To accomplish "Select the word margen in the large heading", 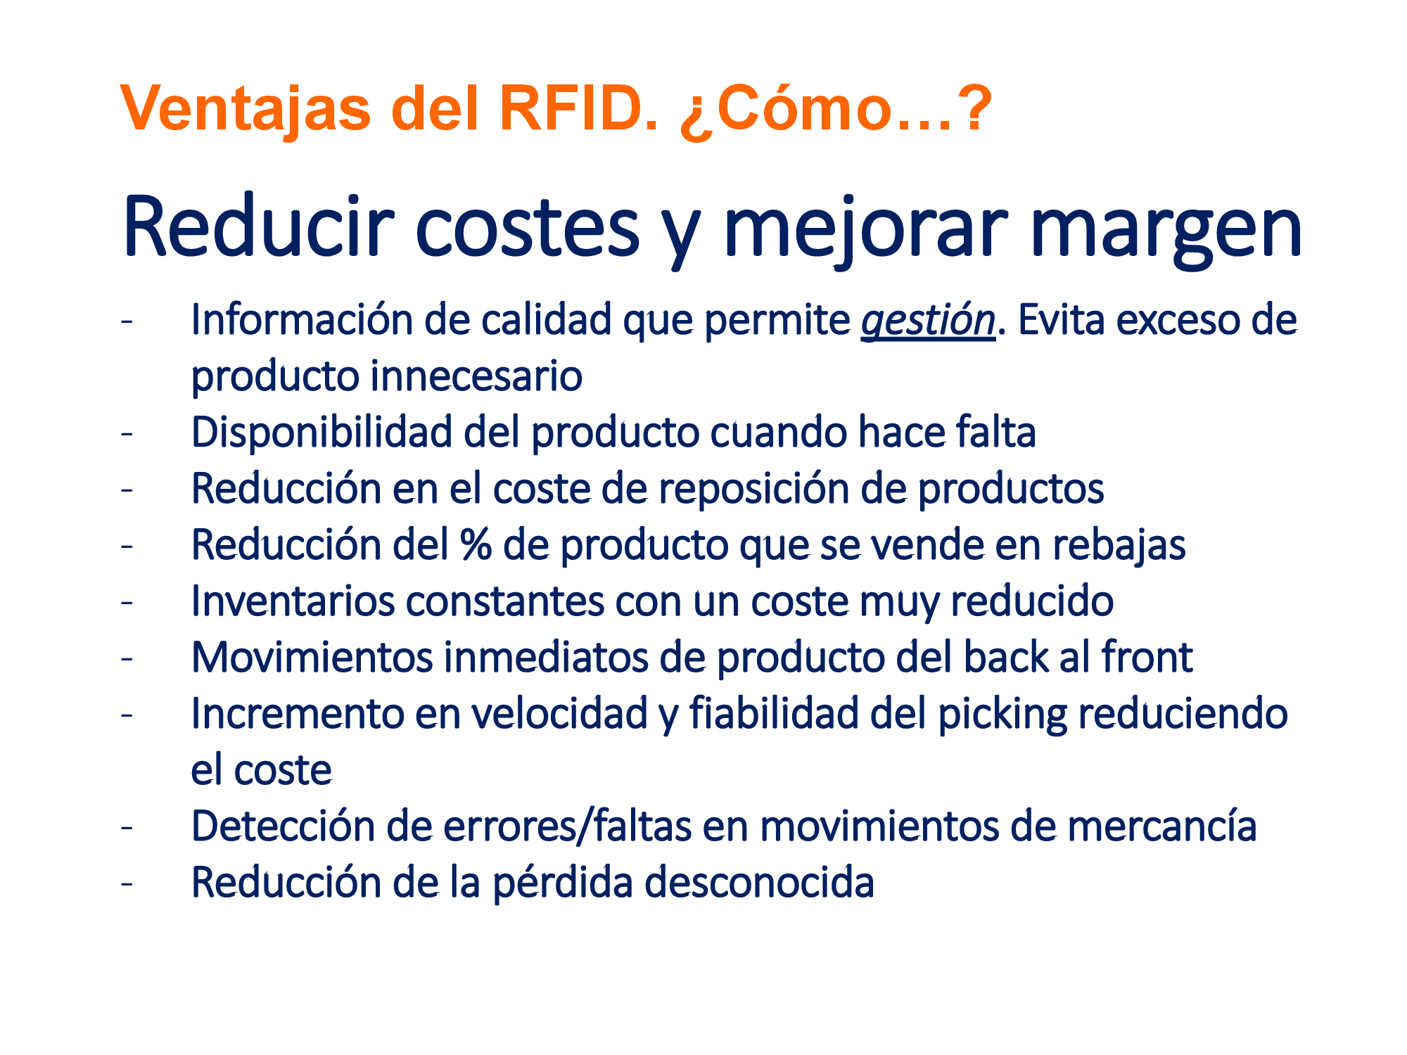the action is point(1167,229).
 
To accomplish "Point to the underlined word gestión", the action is point(928,321).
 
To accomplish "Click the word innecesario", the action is point(476,376).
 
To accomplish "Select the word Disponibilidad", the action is point(321,432).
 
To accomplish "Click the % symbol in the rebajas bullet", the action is point(476,545).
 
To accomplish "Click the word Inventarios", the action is point(293,601).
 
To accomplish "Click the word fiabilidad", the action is point(774,713).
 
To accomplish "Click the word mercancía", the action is point(1161,826).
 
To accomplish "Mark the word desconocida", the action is point(759,883).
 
